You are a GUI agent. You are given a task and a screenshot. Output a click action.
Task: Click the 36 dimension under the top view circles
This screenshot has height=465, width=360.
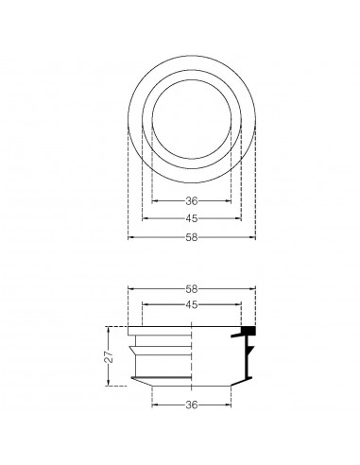[x=192, y=201]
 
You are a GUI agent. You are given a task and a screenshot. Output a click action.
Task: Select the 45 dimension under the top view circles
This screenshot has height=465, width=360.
[x=192, y=218]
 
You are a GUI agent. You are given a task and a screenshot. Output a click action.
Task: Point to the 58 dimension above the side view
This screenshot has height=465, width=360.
[x=192, y=288]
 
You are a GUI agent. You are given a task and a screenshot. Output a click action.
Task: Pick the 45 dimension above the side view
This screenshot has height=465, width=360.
[x=192, y=304]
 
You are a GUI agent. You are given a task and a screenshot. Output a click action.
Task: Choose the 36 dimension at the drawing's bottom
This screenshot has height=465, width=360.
[x=192, y=407]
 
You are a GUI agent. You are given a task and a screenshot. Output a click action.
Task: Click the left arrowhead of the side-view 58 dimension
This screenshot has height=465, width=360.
[x=130, y=289]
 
